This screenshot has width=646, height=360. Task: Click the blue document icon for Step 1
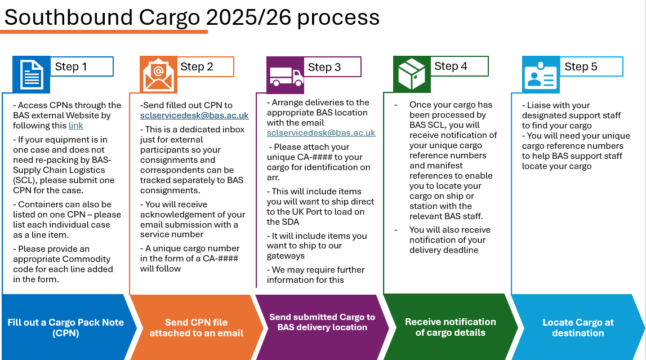click(32, 74)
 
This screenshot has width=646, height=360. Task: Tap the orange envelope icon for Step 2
click(158, 74)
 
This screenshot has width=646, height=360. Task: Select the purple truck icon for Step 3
click(286, 74)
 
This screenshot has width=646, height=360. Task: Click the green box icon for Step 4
click(412, 74)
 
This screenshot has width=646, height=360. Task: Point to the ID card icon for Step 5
click(541, 74)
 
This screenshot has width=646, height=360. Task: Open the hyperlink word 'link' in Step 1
click(75, 126)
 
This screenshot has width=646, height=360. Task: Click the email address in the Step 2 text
click(194, 115)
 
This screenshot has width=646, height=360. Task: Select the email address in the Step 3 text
click(321, 134)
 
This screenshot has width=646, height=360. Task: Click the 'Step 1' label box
click(81, 66)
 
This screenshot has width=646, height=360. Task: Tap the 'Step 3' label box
click(333, 67)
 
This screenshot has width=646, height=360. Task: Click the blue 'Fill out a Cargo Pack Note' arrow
click(65, 327)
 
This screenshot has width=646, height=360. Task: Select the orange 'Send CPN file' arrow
click(196, 327)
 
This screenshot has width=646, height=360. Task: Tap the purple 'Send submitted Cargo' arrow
click(322, 322)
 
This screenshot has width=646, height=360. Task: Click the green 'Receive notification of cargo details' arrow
click(450, 327)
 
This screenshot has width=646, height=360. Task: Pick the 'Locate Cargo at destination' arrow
click(578, 327)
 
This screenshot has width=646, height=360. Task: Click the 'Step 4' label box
click(459, 66)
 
